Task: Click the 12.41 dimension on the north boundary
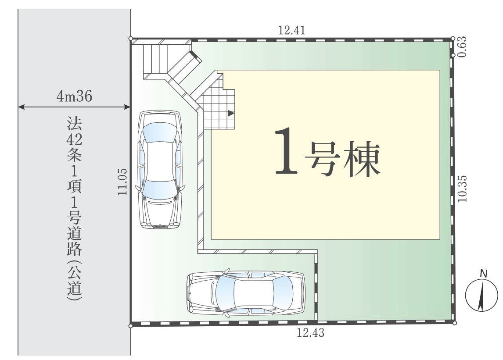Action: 291,30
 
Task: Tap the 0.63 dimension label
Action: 462,47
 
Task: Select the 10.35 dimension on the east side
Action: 462,189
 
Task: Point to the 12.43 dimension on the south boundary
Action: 310,333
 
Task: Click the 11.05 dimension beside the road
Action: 122,182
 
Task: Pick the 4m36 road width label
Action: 75,96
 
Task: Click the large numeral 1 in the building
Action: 286,151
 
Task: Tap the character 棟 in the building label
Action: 362,159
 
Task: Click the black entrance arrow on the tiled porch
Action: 231,113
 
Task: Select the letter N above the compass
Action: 483,274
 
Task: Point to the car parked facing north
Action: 160,169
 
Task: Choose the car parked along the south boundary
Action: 246,293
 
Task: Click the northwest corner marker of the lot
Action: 130,39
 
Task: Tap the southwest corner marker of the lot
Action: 130,326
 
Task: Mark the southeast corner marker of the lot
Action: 455,323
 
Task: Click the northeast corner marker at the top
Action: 453,39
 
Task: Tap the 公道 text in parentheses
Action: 75,280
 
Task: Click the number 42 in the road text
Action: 75,139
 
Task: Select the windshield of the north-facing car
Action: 160,132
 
